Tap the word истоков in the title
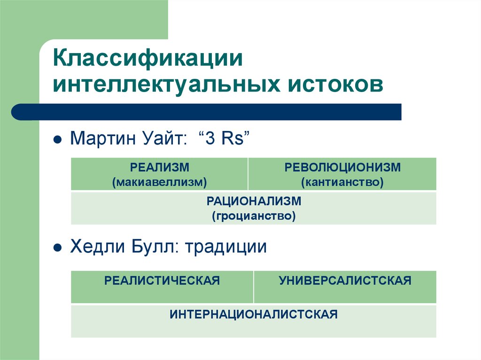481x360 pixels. (x=333, y=86)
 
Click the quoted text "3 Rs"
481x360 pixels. (x=223, y=139)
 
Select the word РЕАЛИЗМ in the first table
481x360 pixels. (x=159, y=168)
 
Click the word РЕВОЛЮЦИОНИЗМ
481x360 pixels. (x=342, y=168)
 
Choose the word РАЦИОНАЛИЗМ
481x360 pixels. (x=254, y=201)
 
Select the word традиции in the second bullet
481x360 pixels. (x=226, y=247)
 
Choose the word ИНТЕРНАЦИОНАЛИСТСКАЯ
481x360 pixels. (x=254, y=314)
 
